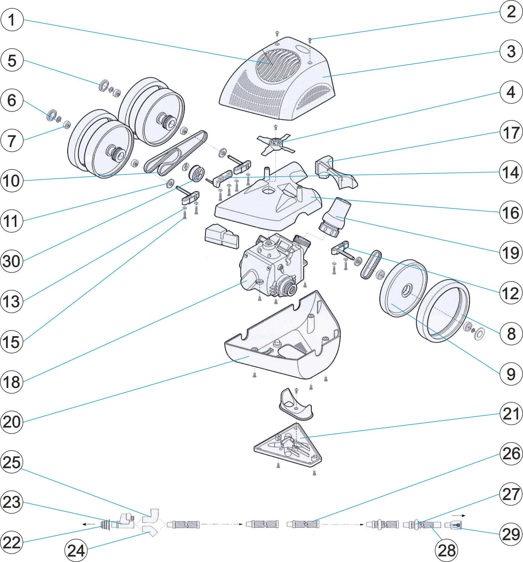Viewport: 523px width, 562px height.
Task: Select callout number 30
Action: point(12,261)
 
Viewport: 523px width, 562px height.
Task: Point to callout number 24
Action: point(76,550)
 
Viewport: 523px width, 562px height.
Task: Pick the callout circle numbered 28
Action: point(446,550)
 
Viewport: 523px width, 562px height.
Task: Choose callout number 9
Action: point(511,374)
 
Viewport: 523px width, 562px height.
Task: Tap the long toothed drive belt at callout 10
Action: point(176,153)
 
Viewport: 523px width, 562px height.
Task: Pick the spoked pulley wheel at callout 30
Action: point(196,174)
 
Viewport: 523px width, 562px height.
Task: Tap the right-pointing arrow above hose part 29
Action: point(458,516)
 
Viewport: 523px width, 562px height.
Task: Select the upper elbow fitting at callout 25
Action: point(150,516)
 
